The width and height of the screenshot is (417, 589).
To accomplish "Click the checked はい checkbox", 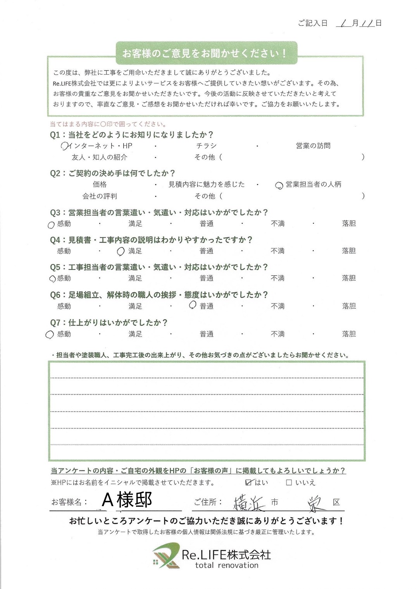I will coord(249,482).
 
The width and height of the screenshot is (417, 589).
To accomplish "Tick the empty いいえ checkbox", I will coord(289,483).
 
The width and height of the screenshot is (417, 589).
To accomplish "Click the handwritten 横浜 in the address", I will coord(250,503).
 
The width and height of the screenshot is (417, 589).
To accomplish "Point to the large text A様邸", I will coord(127,500).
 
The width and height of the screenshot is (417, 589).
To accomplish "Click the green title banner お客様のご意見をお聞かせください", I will coord(205,53).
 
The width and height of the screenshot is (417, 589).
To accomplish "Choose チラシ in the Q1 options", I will coord(206,146).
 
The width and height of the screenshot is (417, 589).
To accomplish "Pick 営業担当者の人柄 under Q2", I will coord(313,185).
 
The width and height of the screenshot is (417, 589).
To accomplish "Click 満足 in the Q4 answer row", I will coord(135,251).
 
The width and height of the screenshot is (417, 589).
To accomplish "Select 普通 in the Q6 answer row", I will coord(207,306).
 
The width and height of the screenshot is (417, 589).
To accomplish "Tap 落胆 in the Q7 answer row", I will coord(349,334).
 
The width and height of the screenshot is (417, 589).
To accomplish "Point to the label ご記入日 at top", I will coord(313,23).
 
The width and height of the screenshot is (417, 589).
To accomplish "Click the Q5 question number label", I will coord(55,268).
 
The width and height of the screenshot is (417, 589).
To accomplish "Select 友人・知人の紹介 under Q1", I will coord(99,157).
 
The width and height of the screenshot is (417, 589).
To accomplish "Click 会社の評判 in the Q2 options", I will coord(100,196).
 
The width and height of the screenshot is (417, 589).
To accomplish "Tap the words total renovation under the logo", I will coord(227,565).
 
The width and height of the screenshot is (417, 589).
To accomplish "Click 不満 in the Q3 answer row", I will coord(277,224).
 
